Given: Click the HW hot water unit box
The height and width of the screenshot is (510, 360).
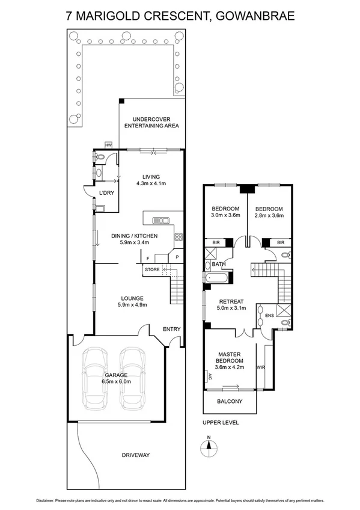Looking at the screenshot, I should (x=109, y=145).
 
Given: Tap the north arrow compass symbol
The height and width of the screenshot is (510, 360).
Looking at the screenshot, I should (x=208, y=446).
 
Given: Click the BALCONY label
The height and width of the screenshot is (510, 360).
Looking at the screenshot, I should (x=230, y=401).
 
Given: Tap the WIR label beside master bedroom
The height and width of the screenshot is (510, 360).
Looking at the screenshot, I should (x=261, y=366).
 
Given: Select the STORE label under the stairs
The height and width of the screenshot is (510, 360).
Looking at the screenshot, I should (x=152, y=269).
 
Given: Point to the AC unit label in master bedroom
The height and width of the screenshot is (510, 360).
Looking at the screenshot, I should (x=210, y=377).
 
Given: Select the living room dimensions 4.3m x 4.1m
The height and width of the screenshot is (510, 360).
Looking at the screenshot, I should (x=151, y=183).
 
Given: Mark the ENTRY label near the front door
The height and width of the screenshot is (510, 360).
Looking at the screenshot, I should (x=171, y=328).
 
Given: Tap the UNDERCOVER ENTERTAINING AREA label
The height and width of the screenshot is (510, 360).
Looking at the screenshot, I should (x=151, y=122).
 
